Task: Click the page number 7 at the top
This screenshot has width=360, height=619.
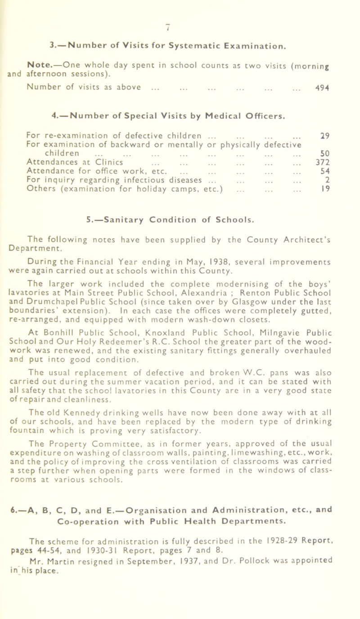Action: coord(180,5)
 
